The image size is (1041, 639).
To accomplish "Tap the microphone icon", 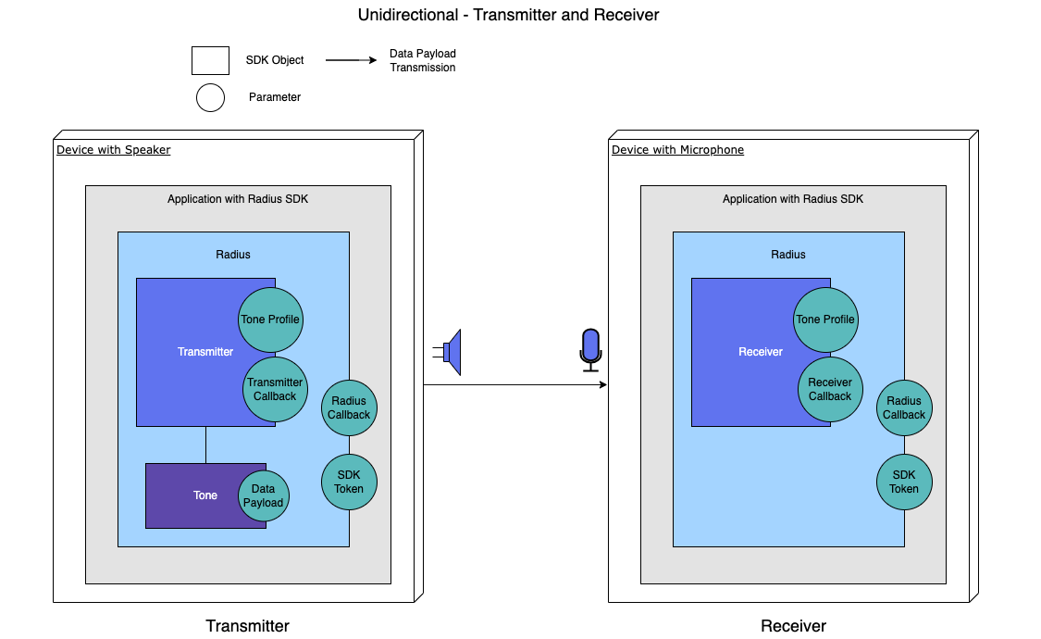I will coord(590,349).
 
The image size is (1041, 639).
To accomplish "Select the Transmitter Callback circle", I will coord(275,389).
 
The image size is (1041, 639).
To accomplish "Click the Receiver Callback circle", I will coord(830,389).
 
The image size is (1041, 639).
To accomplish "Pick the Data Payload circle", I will coord(264,496).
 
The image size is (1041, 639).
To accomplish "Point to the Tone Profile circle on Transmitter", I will coord(270,319).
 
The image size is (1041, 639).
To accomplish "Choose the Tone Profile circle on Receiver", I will coord(825,319).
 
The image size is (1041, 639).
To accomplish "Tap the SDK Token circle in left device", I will coord(349,482).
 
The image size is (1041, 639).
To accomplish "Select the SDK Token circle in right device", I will coord(904,482).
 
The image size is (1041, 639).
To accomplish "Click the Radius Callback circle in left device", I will coord(349,407).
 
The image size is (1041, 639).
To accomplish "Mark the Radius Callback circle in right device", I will coord(904,407).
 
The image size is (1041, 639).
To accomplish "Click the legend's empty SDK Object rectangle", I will coord(210,60).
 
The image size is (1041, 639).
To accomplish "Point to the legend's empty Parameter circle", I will coord(210,97).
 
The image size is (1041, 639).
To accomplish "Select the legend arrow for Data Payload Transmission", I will coord(350,60).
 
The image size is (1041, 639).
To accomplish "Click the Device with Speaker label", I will coord(114,150).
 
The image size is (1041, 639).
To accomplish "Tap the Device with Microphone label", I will coord(677,150).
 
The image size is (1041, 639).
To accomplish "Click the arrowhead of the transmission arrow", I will coord(602,384).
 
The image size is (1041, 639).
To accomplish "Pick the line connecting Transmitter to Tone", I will coord(205,445).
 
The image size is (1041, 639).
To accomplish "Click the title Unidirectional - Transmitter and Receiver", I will coord(509,15).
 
